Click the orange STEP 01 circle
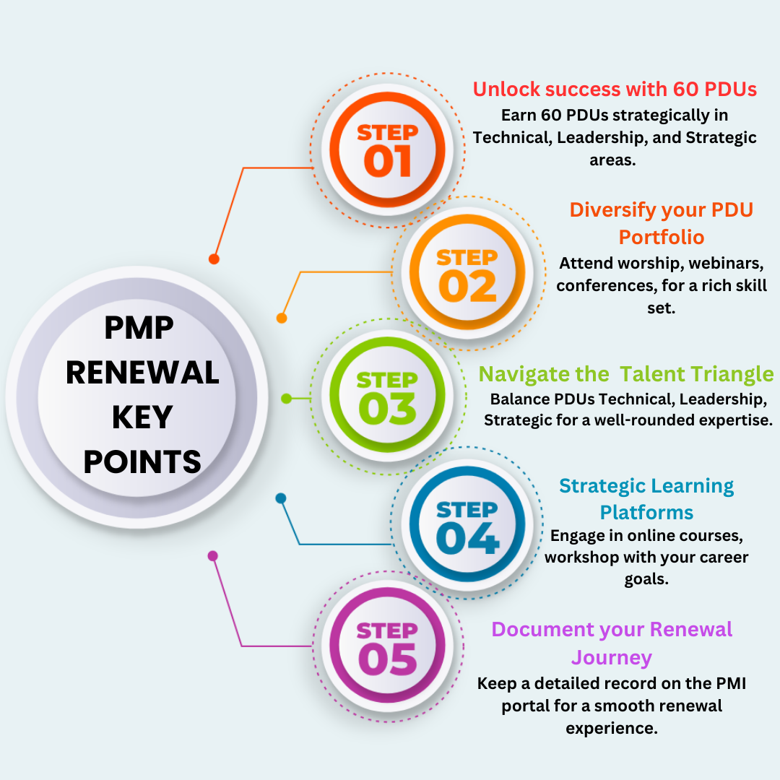[388, 149]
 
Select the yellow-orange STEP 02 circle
[467, 272]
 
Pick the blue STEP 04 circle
[467, 524]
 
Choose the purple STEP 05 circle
[388, 646]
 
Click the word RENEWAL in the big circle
[142, 373]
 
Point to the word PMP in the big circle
[139, 328]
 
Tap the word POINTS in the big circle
[142, 461]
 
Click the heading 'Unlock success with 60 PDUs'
[615, 89]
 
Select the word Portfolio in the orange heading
[661, 238]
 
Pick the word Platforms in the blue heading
[646, 512]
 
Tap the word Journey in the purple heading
[612, 658]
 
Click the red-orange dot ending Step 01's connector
[214, 259]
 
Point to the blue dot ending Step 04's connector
[280, 498]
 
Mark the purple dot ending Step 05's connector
[213, 555]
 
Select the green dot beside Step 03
[286, 399]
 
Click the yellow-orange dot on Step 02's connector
[282, 318]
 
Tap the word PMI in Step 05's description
[731, 683]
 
